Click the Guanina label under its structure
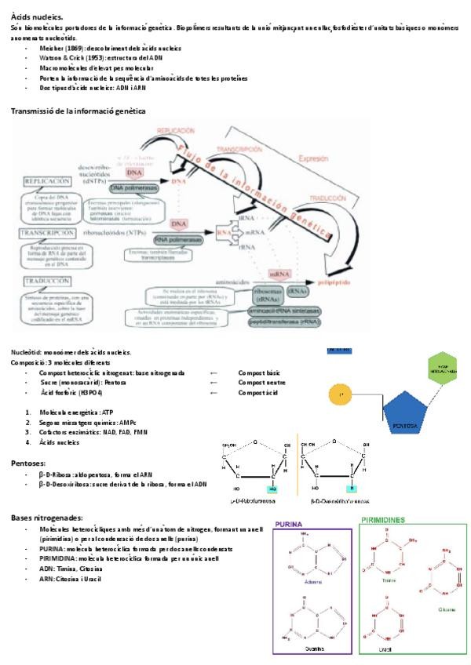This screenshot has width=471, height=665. tap(312, 650)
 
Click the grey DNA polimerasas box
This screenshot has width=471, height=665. tap(136, 188)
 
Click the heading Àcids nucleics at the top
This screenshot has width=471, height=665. tap(38, 16)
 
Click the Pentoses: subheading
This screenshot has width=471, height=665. tap(27, 463)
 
